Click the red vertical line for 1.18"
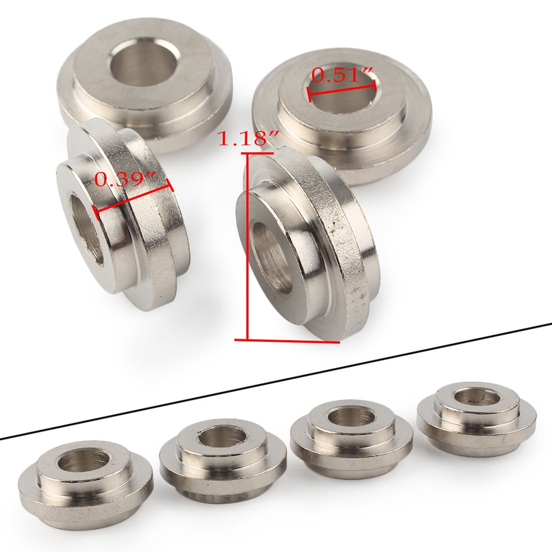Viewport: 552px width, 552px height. tap(248, 248)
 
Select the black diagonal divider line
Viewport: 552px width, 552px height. tap(276, 380)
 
